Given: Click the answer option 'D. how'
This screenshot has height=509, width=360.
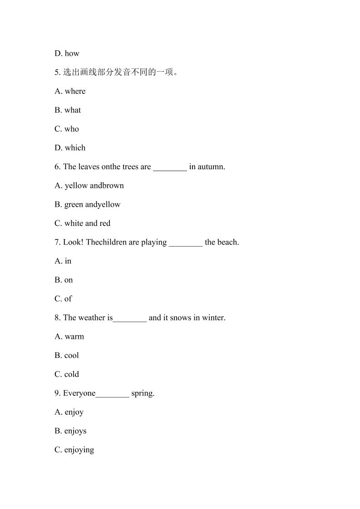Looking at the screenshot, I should click(x=67, y=54).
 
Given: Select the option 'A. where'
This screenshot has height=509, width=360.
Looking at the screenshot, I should click(x=70, y=91).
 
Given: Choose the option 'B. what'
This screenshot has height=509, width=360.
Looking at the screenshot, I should click(x=68, y=110).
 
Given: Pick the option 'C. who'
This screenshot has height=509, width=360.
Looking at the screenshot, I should click(x=67, y=129).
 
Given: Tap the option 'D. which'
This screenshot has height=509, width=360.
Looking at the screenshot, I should click(x=70, y=148).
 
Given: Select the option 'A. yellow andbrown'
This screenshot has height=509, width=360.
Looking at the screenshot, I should click(x=89, y=186).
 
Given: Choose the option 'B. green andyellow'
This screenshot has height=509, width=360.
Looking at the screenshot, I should click(x=88, y=205).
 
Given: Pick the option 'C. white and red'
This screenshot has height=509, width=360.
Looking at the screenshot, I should click(x=83, y=223).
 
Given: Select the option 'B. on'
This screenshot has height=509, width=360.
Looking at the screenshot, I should click(x=64, y=280).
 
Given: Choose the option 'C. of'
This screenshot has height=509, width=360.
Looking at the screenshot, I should click(x=63, y=299).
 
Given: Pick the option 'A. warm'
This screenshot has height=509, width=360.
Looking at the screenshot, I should click(x=69, y=337).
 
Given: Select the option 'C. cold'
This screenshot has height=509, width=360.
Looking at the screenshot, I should click(x=67, y=374).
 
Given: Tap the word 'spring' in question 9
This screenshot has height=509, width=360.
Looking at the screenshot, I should click(x=142, y=394).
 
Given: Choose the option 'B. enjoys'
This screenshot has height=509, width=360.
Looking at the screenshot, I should click(x=70, y=431).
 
